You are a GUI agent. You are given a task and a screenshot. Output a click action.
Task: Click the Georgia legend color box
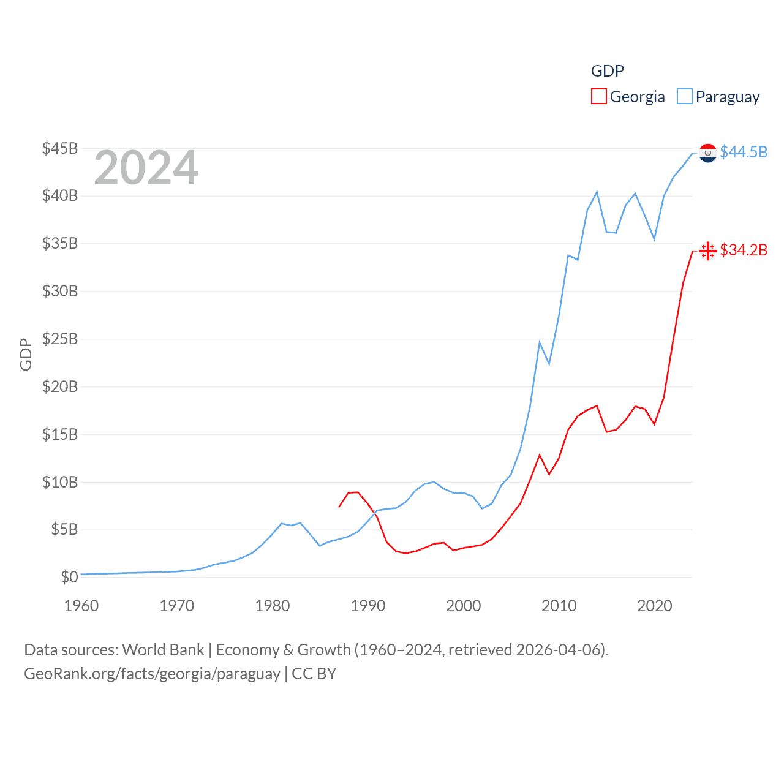point(598,97)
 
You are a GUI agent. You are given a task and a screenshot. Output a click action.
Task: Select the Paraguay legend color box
point(684,97)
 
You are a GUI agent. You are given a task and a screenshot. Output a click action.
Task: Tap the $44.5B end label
point(744,152)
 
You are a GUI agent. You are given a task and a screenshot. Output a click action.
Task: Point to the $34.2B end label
point(744,250)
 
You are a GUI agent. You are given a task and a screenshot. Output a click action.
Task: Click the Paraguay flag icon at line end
point(708,153)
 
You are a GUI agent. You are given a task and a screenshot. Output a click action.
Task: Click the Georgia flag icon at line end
point(708,251)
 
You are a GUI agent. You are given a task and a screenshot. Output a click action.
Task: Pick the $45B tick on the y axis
point(60,148)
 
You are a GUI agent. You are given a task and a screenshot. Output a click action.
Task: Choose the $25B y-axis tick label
point(60,339)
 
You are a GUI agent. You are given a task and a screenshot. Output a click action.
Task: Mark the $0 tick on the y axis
point(69,577)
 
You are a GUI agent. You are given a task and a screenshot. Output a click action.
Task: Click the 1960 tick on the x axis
point(81,606)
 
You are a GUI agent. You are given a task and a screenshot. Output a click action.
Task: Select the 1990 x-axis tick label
point(368,606)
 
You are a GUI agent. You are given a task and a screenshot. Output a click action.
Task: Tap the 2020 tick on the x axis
point(655,606)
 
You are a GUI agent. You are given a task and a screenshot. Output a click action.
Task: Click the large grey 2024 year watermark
point(146,168)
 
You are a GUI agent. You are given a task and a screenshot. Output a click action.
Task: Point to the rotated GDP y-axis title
point(26,354)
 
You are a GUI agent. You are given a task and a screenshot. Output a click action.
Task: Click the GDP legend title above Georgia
point(607,71)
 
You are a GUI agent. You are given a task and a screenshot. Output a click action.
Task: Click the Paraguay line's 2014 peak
point(597,192)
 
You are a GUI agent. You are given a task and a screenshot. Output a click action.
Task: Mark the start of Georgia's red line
point(339,507)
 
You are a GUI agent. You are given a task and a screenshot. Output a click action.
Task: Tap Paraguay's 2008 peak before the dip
point(540,342)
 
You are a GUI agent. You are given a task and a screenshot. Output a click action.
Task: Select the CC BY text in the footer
point(314,674)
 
